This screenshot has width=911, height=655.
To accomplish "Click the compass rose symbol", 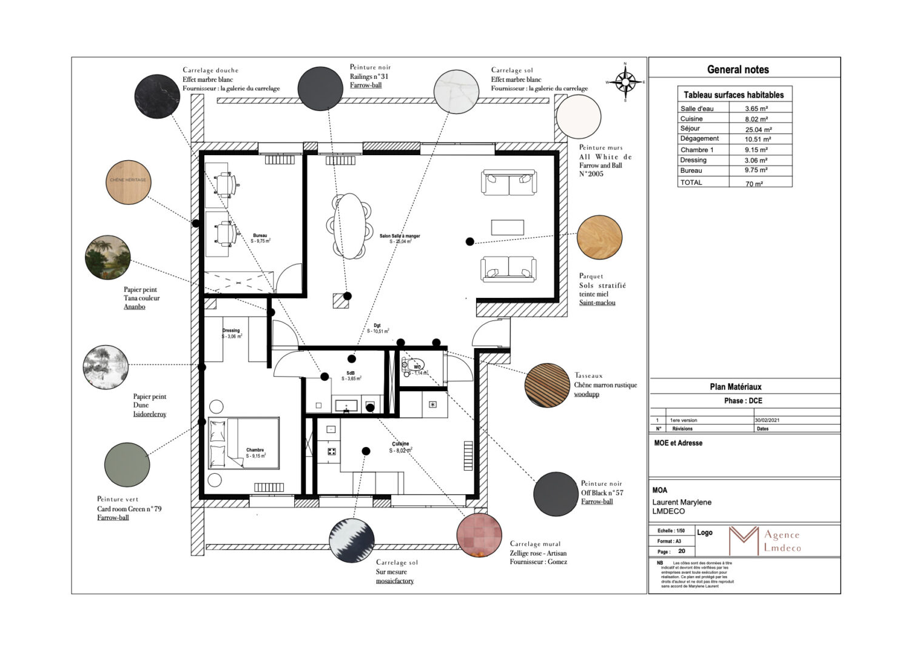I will click(x=625, y=81).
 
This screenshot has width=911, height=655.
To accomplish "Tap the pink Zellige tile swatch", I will click(x=479, y=534).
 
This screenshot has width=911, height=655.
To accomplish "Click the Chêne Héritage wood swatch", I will click(x=128, y=181).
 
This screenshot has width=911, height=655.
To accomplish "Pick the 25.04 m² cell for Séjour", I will click(x=759, y=129).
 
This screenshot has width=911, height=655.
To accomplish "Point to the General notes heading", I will click(x=738, y=70).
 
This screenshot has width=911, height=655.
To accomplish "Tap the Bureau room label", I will click(x=260, y=236).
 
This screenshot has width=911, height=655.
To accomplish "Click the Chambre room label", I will click(x=255, y=450).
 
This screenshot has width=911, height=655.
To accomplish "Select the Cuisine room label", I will click(x=400, y=444).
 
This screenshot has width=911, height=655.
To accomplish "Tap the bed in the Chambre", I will click(x=244, y=443).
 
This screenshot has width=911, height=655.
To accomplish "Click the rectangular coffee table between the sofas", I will click(x=507, y=227).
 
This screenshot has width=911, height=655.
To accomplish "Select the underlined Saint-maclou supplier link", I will click(x=597, y=303).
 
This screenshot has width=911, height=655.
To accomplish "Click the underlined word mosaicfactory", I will click(x=394, y=581).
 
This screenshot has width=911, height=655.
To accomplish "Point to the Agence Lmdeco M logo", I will click(x=744, y=540).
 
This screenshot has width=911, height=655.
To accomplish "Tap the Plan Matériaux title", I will click(x=735, y=387).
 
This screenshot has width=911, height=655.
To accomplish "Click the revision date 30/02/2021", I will click(x=767, y=420).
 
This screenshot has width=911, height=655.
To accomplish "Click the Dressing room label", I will click(x=230, y=331).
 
